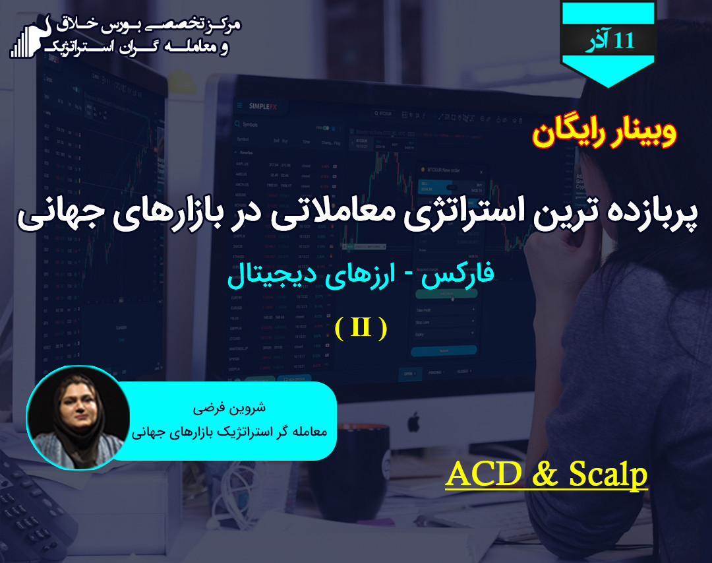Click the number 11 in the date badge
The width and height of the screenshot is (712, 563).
pos(624,40)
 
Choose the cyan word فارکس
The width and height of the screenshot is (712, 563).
pos(457,275)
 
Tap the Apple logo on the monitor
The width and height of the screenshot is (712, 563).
pos(413,420)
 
